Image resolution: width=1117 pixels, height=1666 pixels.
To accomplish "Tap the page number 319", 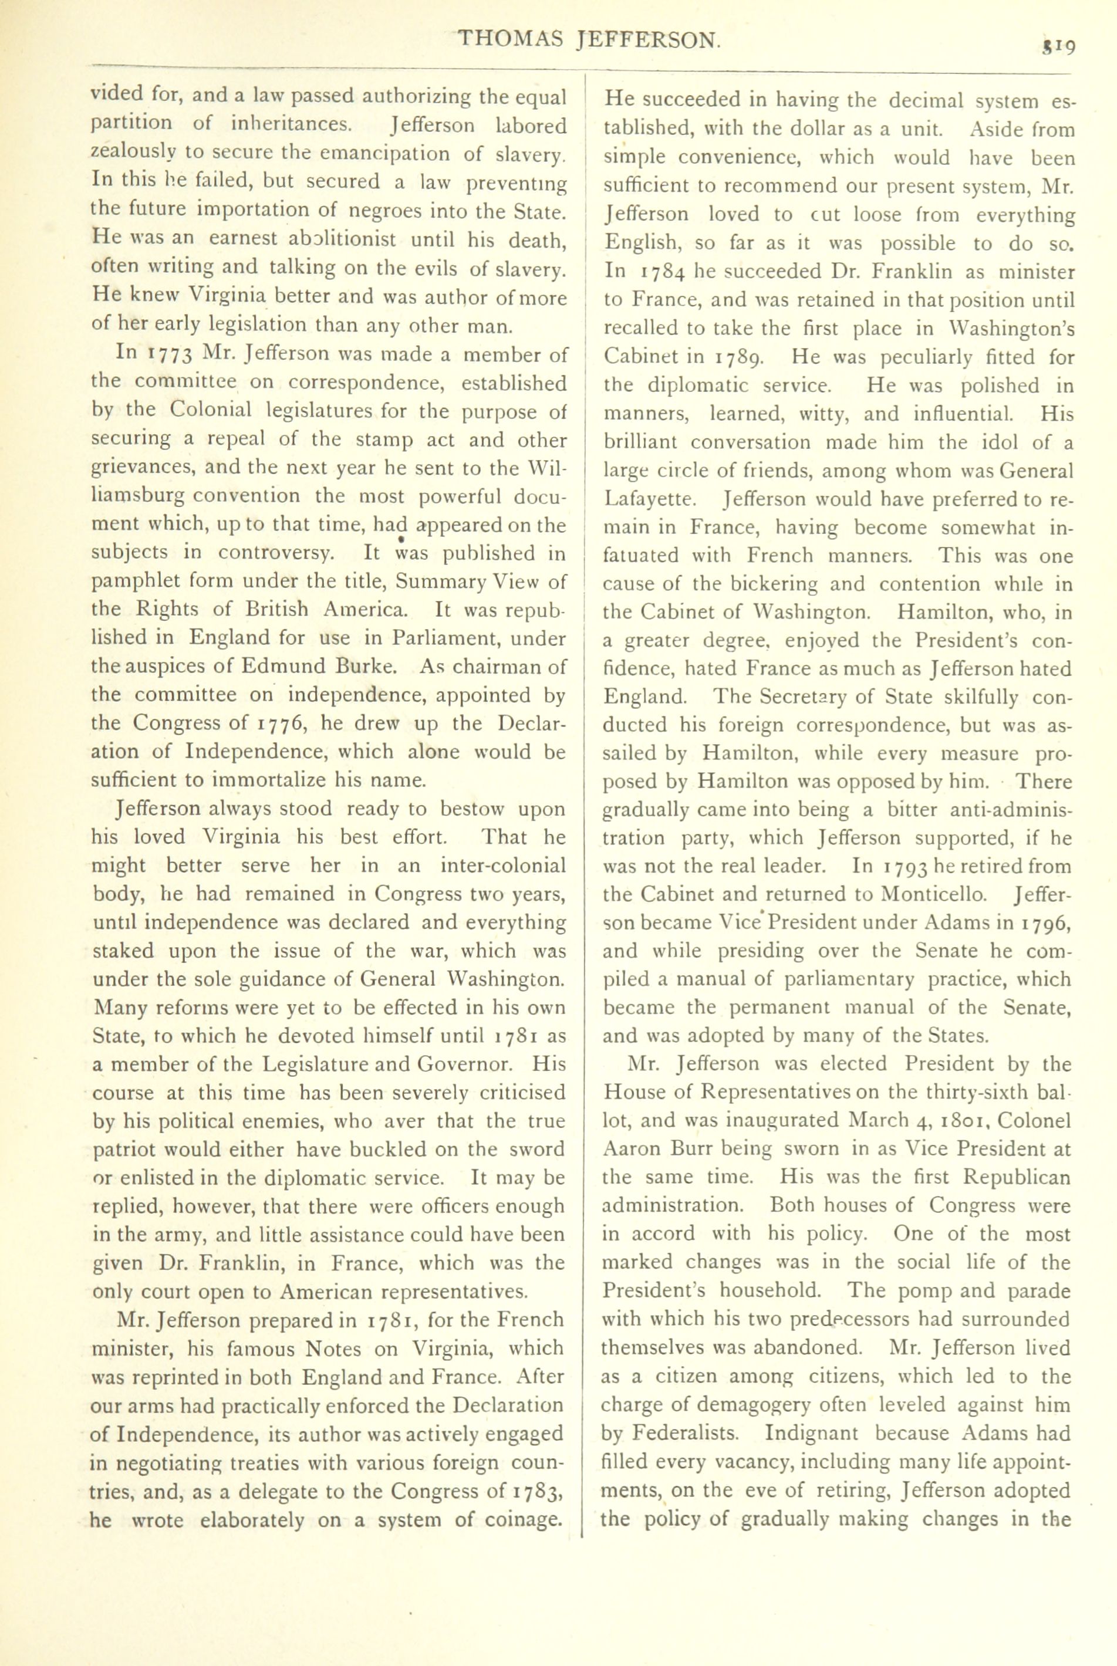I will pos(1057,46).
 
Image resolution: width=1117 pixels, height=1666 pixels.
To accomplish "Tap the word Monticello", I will pos(934,894).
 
